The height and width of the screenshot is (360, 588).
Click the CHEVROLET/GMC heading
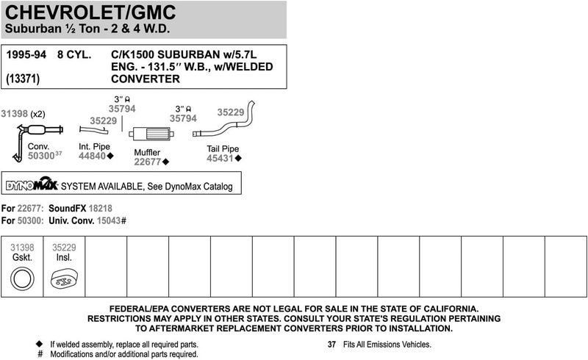click(x=90, y=12)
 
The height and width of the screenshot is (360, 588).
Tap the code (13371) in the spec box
click(x=23, y=79)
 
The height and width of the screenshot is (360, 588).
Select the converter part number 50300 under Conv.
click(x=41, y=156)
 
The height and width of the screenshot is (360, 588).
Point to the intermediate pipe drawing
click(x=94, y=130)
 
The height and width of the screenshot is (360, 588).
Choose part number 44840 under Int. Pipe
click(x=93, y=156)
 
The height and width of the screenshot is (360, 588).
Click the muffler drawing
click(x=151, y=134)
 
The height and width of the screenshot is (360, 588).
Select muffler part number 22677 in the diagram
click(x=148, y=162)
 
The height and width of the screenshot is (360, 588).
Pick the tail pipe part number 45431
click(x=220, y=158)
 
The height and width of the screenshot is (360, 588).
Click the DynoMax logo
click(x=32, y=184)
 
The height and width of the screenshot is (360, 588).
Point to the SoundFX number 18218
click(x=100, y=209)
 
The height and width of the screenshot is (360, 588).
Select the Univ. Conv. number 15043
click(x=109, y=220)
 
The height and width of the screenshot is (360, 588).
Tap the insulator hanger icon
click(x=64, y=279)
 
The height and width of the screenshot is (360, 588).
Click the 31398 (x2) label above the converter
click(x=23, y=114)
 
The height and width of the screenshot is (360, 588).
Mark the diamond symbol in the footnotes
click(x=39, y=344)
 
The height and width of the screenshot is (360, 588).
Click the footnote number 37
click(x=331, y=345)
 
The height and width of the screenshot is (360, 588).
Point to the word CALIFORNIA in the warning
click(x=451, y=309)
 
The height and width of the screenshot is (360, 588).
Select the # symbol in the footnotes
click(x=40, y=354)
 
